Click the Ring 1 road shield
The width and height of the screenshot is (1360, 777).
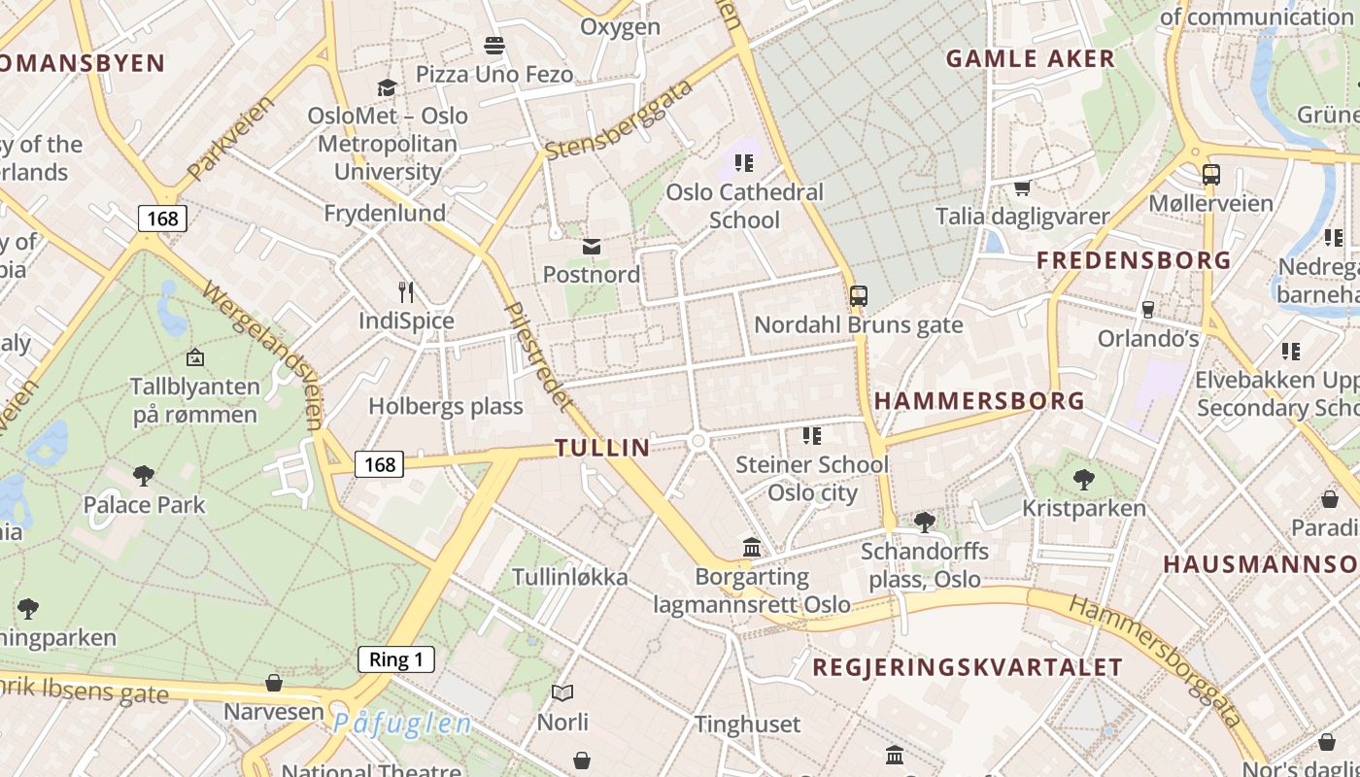tap(395, 660)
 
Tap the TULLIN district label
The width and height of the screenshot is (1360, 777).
tap(602, 448)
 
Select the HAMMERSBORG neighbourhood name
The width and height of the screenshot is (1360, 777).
tap(979, 401)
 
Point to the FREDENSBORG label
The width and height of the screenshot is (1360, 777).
tap(1134, 260)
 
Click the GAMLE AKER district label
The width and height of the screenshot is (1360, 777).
tap(1031, 59)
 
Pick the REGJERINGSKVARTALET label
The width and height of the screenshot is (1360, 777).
tap(968, 667)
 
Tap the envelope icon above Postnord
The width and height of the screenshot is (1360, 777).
tap(592, 248)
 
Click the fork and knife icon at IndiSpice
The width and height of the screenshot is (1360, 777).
tap(406, 291)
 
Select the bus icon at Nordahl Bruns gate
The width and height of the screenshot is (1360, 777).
tap(859, 296)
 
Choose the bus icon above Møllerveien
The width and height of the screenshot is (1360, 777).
tap(1210, 175)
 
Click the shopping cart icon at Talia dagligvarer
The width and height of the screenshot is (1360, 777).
tap(1022, 187)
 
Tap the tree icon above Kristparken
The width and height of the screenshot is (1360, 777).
tap(1084, 479)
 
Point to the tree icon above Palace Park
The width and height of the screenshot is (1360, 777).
tap(144, 476)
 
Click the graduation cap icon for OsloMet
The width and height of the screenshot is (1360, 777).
tap(388, 87)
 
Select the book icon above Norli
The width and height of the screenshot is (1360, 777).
tap(562, 693)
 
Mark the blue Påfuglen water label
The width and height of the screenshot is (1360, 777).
tap(402, 724)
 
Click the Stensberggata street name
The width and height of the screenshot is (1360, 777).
tap(620, 120)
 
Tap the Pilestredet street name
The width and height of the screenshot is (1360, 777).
tap(535, 354)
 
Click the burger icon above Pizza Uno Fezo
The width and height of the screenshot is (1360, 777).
tap(494, 46)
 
